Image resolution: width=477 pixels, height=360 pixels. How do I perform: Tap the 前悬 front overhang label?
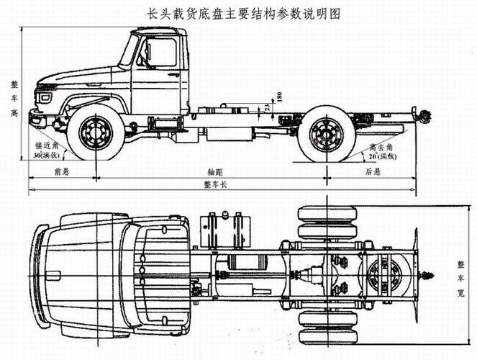[x=61, y=172]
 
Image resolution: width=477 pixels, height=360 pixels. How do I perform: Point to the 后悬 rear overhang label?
[x=372, y=172]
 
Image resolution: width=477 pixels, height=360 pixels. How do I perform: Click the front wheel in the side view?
[x=96, y=133]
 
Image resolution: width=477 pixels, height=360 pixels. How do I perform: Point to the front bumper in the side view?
[x=37, y=118]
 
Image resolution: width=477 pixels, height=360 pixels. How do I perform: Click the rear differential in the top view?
[x=389, y=275]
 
